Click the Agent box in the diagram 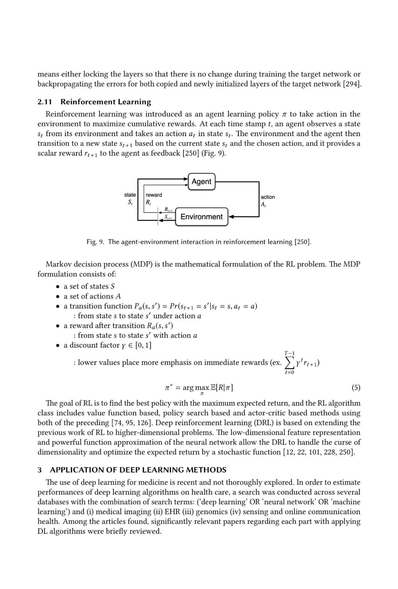[x=201, y=181]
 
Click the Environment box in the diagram [x=202, y=217]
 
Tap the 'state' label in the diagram [x=130, y=195]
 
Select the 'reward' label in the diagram [x=154, y=195]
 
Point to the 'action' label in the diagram [x=268, y=197]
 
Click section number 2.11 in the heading [x=45, y=102]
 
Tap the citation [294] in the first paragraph [x=352, y=84]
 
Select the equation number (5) [x=356, y=387]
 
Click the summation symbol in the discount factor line [x=289, y=363]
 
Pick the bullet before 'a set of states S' [x=58, y=287]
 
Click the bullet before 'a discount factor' [x=58, y=346]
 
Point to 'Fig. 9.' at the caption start [x=95, y=242]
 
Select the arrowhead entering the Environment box [x=231, y=217]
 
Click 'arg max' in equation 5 [x=196, y=388]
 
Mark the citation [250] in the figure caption [x=303, y=242]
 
